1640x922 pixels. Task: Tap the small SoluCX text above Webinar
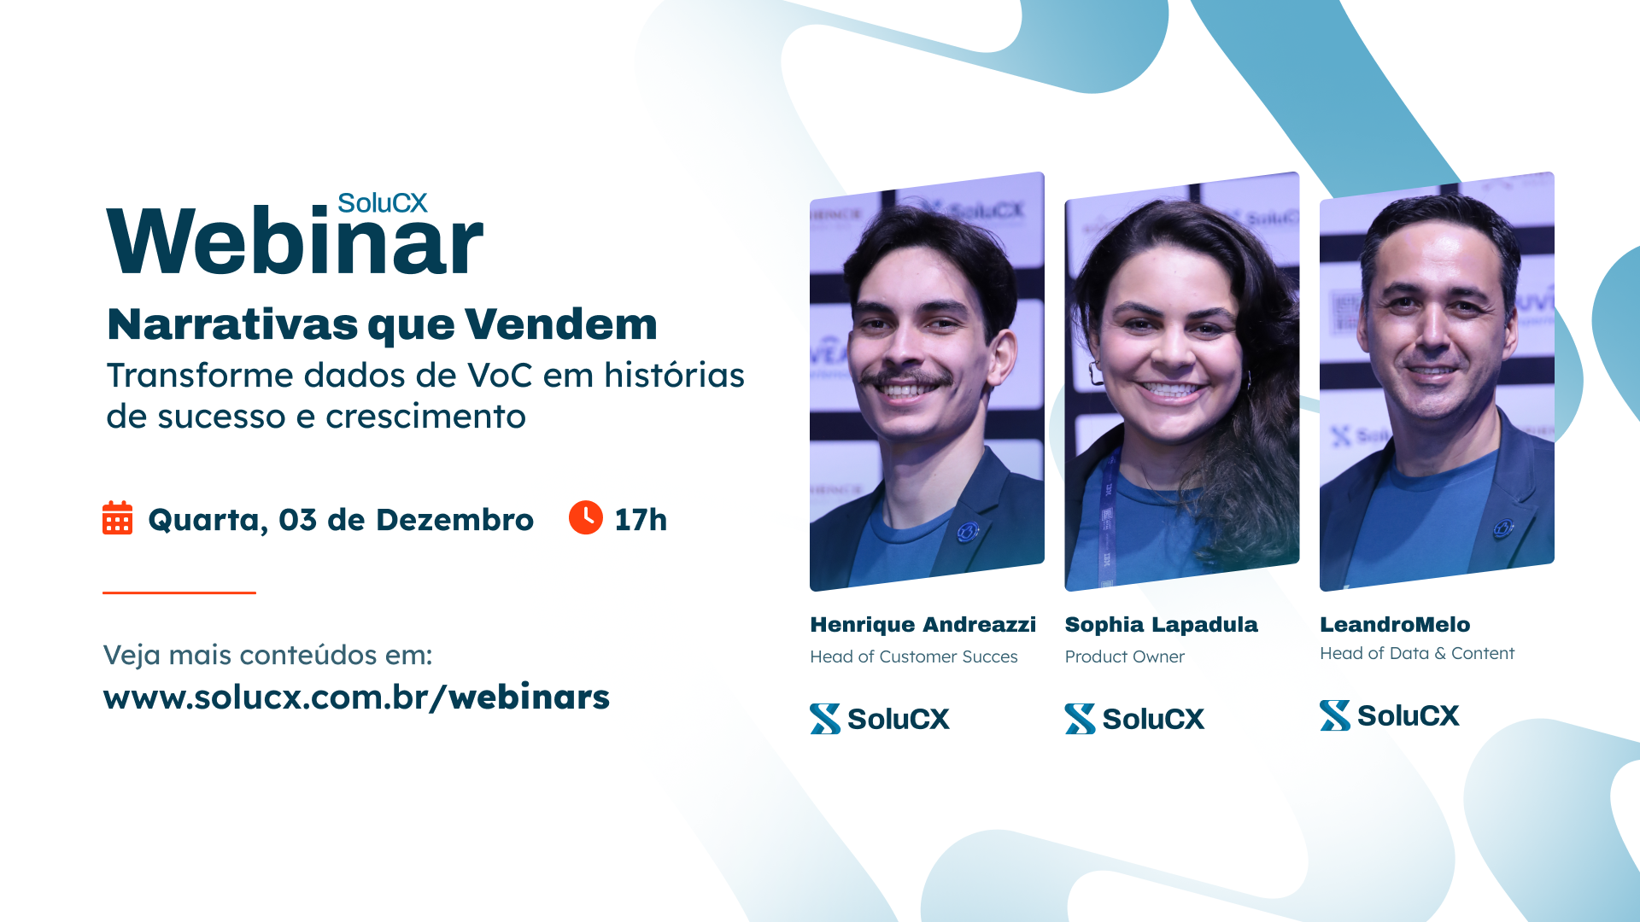[382, 203]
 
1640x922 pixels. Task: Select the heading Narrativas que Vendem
[382, 325]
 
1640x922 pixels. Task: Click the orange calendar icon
[117, 518]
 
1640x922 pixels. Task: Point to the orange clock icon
[586, 517]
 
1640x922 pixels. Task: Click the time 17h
[641, 519]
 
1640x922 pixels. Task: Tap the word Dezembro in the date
[454, 519]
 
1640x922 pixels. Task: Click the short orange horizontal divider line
[179, 592]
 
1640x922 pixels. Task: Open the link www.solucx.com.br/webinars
[356, 697]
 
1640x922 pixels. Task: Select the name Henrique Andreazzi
[922, 625]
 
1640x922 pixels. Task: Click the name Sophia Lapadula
[1161, 625]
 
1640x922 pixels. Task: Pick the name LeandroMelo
[1395, 625]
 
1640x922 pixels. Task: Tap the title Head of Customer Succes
[914, 656]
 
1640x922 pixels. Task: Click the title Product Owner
[1124, 656]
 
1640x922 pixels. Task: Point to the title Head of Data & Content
[1417, 653]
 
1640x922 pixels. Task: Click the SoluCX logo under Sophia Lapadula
[1134, 719]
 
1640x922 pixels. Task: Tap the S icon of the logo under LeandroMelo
[1335, 715]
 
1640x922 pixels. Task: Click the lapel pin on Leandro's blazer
[1502, 528]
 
